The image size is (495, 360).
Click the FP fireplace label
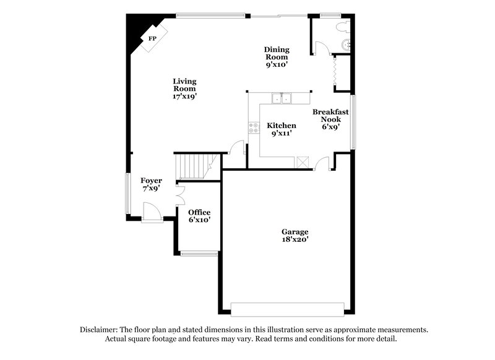(152, 38)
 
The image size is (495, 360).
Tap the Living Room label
(184, 88)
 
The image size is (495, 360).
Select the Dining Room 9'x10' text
(277, 56)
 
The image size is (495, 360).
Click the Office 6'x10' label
(199, 216)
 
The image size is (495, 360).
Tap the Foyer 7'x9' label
(151, 184)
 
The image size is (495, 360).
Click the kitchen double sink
(282, 98)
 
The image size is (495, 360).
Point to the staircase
(193, 166)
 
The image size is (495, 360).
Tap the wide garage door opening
(287, 309)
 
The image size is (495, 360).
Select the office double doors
(179, 195)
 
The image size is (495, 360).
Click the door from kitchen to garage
(322, 164)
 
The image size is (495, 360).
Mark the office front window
(199, 253)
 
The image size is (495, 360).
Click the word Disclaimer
(100, 330)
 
